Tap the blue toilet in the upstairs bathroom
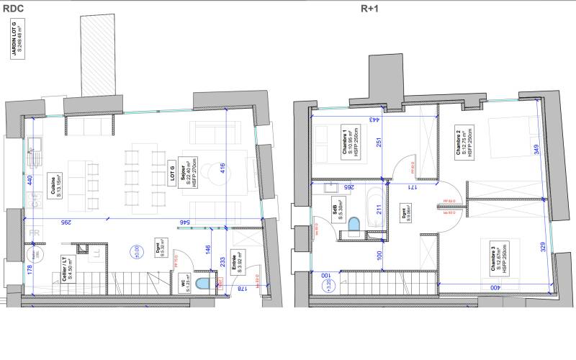pyautogui.click(x=353, y=225)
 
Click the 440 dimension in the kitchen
pyautogui.click(x=30, y=181)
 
